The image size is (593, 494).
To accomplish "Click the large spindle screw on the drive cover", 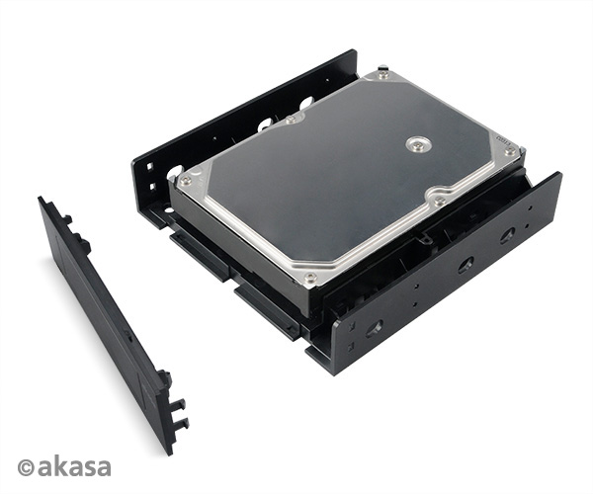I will tap(418, 144).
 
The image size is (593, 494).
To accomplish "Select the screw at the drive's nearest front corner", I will tap(310, 278).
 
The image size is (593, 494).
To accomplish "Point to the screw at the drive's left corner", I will tap(185, 182).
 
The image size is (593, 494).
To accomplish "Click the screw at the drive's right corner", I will tap(509, 153).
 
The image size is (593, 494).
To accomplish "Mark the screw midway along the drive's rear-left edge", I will tap(294, 120).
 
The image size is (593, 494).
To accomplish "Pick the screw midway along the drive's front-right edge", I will tap(439, 202).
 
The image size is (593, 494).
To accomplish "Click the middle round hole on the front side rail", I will tap(466, 265).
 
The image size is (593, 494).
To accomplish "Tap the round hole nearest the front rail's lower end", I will tap(376, 328).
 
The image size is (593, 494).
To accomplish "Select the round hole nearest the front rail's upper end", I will tap(508, 235).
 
